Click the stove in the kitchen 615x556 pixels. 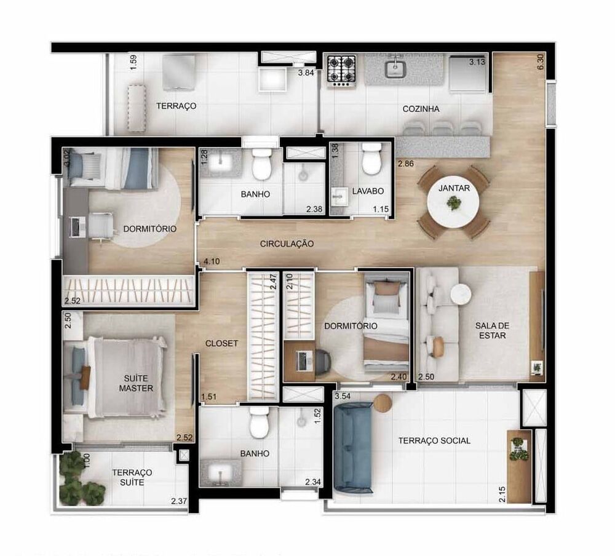341,69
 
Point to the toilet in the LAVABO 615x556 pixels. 371,160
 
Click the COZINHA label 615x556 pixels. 421,109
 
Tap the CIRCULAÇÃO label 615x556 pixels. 287,244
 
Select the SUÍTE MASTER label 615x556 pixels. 136,383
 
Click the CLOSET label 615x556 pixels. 221,343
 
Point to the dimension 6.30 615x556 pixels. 541,62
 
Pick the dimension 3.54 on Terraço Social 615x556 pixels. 342,396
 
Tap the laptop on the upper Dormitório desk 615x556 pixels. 77,226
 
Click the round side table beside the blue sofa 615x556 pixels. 382,403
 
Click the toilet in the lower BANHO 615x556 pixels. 259,421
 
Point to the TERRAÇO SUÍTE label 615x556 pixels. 132,477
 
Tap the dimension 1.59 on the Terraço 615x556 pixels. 133,62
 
